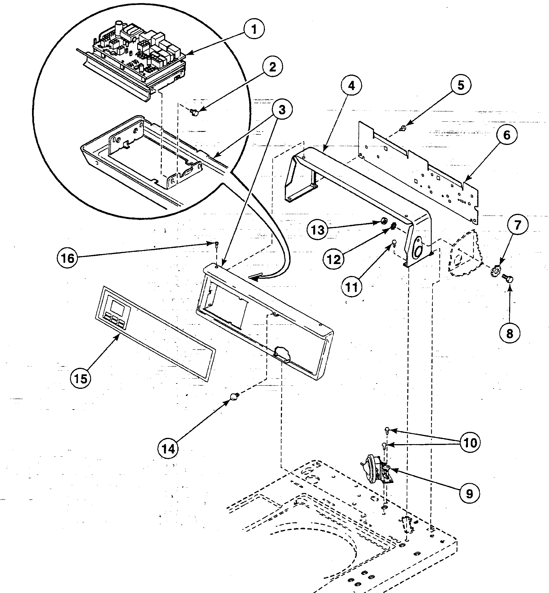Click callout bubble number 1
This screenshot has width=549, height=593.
pos(254,29)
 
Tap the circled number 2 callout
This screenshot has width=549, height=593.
pos(272,67)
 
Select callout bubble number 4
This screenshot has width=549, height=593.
pos(351,86)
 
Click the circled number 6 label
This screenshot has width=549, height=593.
pos(506,135)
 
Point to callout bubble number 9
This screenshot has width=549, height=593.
pos(469,494)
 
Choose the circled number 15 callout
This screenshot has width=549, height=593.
pos(81,379)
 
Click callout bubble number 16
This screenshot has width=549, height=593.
pos(67,258)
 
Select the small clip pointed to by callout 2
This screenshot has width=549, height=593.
pos(195,112)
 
